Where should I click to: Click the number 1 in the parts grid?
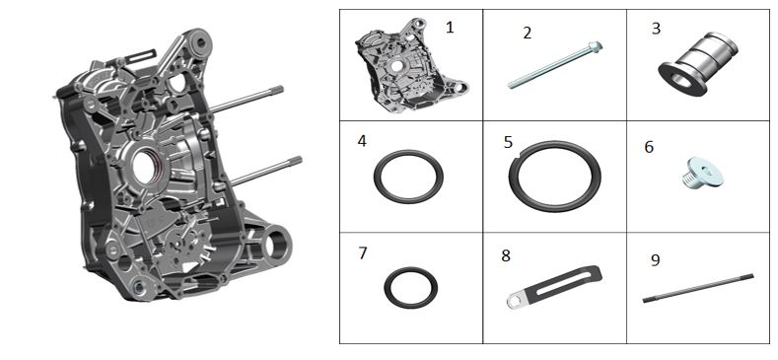pyautogui.click(x=450, y=27)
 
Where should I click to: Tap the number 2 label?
pyautogui.click(x=527, y=33)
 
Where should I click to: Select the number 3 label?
pyautogui.click(x=656, y=29)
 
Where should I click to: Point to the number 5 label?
pyautogui.click(x=508, y=142)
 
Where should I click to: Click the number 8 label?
pyautogui.click(x=506, y=255)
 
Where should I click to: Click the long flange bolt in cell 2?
pyautogui.click(x=555, y=64)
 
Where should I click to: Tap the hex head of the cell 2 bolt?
pyautogui.click(x=596, y=47)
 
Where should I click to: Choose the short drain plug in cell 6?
pyautogui.click(x=702, y=173)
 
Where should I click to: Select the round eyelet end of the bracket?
pyautogui.click(x=515, y=301)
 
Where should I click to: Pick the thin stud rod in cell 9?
pyautogui.click(x=698, y=288)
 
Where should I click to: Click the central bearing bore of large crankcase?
pyautogui.click(x=145, y=168)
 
